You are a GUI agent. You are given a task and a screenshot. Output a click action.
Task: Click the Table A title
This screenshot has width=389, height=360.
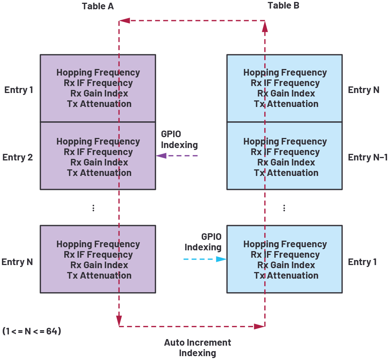(x=98, y=6)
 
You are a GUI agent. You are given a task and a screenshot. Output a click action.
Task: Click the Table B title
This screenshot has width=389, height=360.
(x=283, y=6)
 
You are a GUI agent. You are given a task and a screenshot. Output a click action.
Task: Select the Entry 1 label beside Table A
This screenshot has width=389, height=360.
(x=19, y=90)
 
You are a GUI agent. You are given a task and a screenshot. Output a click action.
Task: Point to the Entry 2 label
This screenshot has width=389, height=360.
(x=17, y=157)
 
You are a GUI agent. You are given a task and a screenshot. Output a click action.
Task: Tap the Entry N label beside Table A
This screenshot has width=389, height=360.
(x=17, y=262)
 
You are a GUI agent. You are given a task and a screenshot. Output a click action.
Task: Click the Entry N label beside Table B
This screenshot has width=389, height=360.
(x=363, y=90)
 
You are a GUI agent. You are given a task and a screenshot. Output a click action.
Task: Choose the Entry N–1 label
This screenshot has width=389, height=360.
(x=367, y=157)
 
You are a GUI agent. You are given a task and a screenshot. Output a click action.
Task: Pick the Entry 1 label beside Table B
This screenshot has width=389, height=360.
(x=362, y=262)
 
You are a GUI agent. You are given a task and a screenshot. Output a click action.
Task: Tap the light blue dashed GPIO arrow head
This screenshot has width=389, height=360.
(x=221, y=259)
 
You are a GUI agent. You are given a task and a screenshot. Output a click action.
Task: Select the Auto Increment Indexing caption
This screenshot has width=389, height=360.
(x=198, y=348)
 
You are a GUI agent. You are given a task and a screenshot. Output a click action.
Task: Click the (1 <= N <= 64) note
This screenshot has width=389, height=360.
(x=32, y=331)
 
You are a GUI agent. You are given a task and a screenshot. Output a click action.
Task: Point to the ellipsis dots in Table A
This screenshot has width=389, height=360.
(x=93, y=208)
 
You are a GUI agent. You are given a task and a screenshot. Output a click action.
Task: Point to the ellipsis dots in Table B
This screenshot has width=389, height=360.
(x=284, y=208)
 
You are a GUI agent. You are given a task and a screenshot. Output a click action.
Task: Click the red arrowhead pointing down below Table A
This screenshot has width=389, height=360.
(x=119, y=320)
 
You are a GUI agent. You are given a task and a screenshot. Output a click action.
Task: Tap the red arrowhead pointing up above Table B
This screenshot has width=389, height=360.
(x=265, y=26)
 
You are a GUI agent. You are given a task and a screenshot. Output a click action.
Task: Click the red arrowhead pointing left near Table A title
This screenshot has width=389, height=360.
(x=124, y=21)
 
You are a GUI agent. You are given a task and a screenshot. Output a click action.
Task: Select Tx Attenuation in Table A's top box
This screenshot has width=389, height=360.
(x=99, y=104)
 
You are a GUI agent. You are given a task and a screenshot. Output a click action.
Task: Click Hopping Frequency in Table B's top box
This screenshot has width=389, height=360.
(x=285, y=72)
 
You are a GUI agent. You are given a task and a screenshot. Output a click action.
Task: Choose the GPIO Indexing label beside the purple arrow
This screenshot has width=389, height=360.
(x=179, y=140)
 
